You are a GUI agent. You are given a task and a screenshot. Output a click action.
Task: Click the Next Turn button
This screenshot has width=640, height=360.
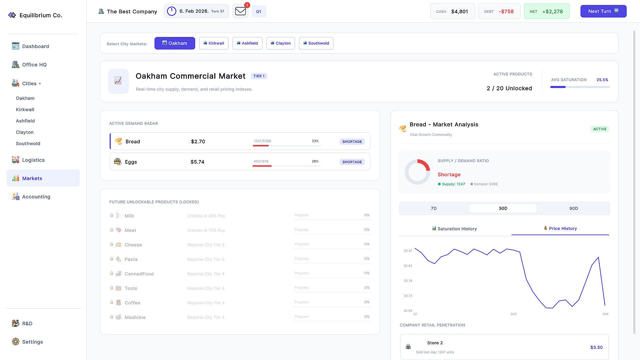pyautogui.click(x=603, y=11)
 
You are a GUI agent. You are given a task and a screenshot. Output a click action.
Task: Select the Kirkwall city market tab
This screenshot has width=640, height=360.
pyautogui.click(x=214, y=43)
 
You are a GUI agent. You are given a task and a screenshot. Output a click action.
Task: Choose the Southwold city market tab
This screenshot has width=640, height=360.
pyautogui.click(x=316, y=43)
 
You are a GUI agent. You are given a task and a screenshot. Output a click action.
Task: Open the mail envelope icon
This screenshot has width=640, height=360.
pyautogui.click(x=240, y=11)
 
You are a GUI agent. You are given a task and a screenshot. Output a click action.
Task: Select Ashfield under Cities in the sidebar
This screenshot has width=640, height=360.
pyautogui.click(x=25, y=121)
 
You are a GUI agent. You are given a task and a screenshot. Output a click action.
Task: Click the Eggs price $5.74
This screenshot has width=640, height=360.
pyautogui.click(x=197, y=162)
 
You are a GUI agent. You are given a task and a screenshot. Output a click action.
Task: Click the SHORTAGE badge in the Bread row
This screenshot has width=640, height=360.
pyautogui.click(x=352, y=142)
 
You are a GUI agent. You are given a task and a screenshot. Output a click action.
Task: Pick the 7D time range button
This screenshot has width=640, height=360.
pyautogui.click(x=434, y=208)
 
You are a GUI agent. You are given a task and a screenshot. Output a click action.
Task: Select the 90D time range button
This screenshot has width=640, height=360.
pyautogui.click(x=574, y=208)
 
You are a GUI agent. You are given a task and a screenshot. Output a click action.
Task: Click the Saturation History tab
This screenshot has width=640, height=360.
pyautogui.click(x=454, y=229)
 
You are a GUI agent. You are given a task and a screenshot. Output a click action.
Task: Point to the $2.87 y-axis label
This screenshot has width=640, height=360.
pyautogui.click(x=408, y=251)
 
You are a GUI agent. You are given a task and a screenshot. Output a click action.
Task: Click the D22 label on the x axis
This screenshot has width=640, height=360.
pyautogui.click(x=513, y=314)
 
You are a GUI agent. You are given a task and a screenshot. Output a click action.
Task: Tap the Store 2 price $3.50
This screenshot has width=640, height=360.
pyautogui.click(x=596, y=347)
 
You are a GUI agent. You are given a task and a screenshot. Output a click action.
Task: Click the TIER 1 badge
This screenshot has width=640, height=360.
pyautogui.click(x=259, y=76)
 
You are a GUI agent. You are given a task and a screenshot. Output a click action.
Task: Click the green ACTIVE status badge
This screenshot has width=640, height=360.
pyautogui.click(x=600, y=129)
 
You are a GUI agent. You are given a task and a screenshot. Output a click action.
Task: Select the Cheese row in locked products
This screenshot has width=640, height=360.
pyautogui.click(x=240, y=245)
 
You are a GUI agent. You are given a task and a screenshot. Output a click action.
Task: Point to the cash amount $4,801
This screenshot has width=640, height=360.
pyautogui.click(x=459, y=11)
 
